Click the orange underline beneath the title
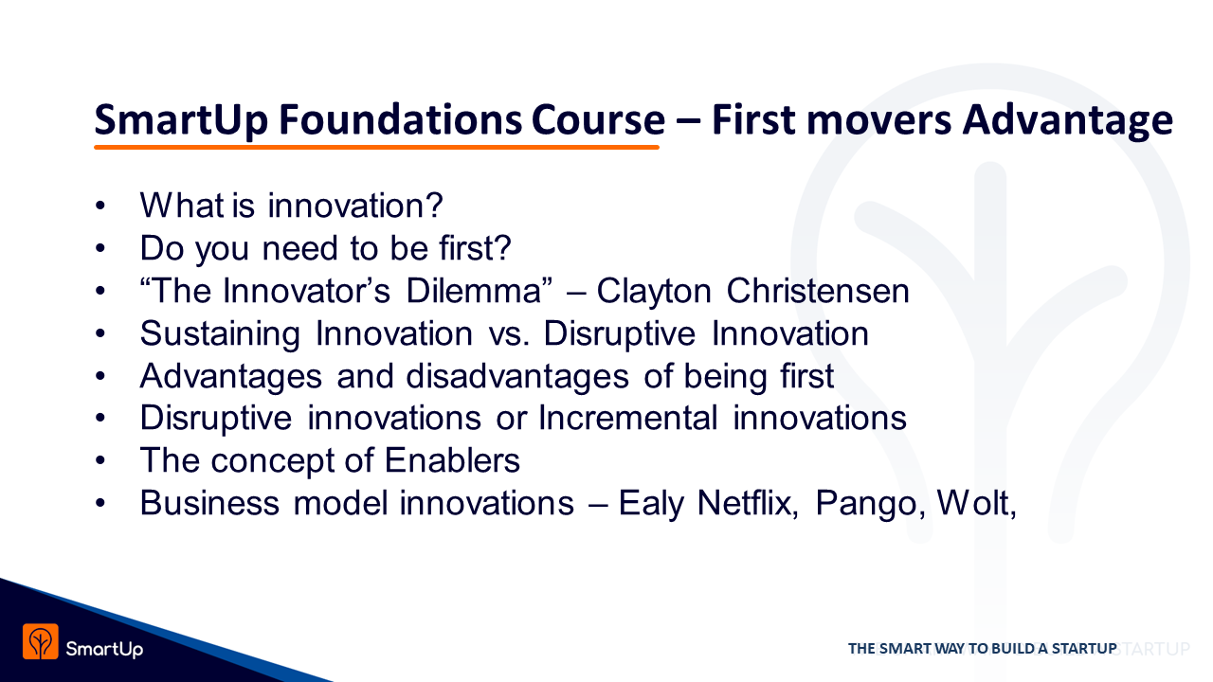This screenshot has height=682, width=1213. pos(376,147)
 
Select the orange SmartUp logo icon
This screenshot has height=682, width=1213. pos(41,642)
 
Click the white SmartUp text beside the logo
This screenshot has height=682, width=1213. pos(104,649)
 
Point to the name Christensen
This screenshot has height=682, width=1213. pos(818,291)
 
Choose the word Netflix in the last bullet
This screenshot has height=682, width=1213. pos(748,504)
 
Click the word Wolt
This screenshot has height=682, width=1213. pos(976,504)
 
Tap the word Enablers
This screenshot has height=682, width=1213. pos(452,460)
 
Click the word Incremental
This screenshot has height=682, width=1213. pos(628,419)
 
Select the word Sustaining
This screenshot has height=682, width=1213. pos(220,334)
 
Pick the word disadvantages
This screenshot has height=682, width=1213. pos(517,377)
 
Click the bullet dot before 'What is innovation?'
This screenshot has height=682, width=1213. pos(100,206)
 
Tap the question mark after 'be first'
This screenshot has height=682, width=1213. pos(503,248)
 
